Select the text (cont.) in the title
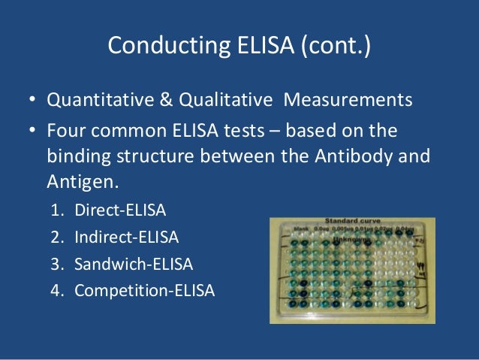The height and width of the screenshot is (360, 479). tap(335, 46)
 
